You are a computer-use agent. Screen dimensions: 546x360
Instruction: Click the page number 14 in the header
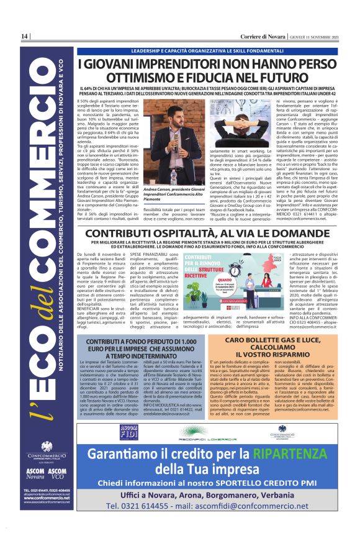[x=25, y=37]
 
